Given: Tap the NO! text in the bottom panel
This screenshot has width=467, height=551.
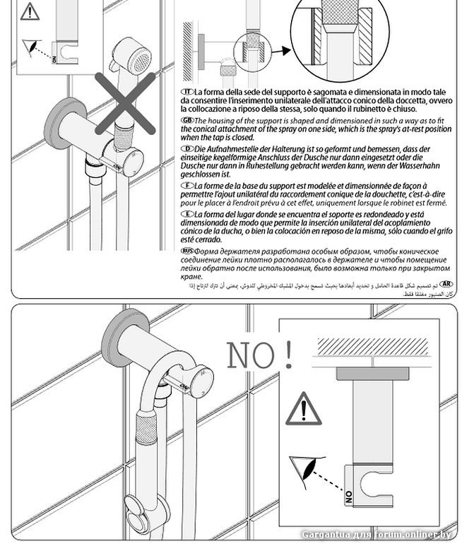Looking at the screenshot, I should (260, 355).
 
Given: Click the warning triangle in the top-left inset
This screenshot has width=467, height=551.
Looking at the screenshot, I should (30, 11).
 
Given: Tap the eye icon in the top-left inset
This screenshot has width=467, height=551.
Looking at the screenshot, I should (30, 47).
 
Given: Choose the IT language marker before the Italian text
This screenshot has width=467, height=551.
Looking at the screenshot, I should (187, 93).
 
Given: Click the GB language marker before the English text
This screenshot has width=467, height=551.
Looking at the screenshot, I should (187, 121).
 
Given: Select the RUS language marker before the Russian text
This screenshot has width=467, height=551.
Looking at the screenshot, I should (187, 250).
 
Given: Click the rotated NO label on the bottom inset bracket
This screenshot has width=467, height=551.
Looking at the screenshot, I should (349, 496).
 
